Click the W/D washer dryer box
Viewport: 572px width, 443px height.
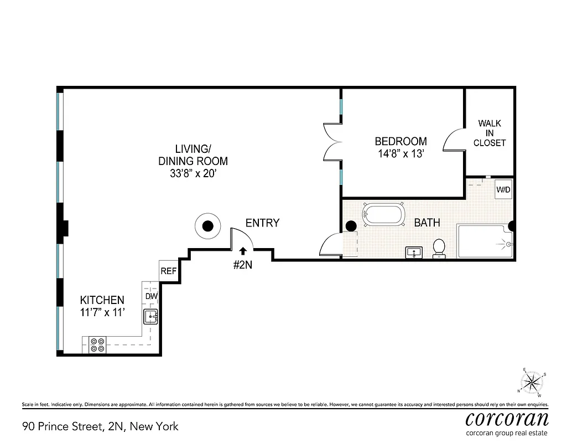coord(503,189)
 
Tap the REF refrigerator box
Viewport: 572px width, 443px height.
coord(168,271)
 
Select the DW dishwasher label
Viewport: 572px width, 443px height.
coord(152,296)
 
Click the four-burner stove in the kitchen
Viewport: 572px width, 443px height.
coord(98,345)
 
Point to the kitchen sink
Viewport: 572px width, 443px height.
coord(150,317)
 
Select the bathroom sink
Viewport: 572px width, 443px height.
coord(413,253)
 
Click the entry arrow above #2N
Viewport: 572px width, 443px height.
coord(242,252)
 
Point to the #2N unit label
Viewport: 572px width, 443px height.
coord(242,265)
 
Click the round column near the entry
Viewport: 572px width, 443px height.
coord(207,226)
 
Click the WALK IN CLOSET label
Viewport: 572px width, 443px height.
coord(490,133)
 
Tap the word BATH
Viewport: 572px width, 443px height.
coord(427,223)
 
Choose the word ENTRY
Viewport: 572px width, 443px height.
coord(262,223)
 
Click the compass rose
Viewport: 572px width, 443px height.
coord(532,382)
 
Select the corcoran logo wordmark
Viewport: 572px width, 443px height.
coord(507,419)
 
